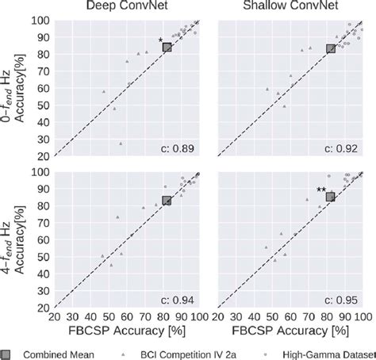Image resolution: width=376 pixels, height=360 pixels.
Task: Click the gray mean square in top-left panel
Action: (167, 48)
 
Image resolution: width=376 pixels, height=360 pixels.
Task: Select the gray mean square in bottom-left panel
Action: (167, 201)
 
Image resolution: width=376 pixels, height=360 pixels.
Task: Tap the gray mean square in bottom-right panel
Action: (331, 197)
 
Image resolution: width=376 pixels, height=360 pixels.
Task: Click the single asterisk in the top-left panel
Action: (159, 40)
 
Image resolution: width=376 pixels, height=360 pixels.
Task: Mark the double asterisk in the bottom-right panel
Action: (320, 190)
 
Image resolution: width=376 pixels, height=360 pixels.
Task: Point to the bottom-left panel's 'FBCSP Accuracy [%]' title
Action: (126, 327)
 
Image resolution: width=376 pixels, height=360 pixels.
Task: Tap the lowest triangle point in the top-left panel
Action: (121, 144)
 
